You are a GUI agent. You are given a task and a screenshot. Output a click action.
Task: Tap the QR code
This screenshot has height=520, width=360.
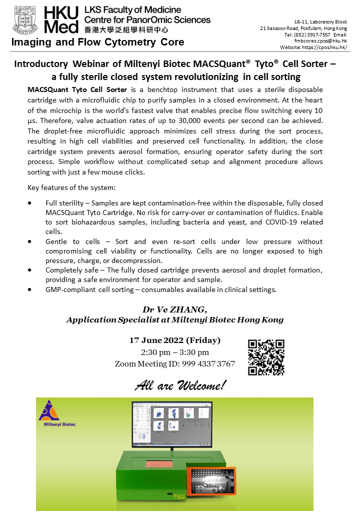[266, 357]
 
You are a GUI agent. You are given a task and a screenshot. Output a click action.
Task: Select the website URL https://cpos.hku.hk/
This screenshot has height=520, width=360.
[324, 47]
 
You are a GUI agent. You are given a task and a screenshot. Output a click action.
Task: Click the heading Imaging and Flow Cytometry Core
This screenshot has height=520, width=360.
[97, 42]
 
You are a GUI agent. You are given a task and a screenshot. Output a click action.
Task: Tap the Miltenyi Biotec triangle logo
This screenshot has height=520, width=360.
[49, 411]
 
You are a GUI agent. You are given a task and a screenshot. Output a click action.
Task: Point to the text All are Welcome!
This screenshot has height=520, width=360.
[180, 385]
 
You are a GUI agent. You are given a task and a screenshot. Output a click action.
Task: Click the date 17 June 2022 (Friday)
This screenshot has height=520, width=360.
[175, 340]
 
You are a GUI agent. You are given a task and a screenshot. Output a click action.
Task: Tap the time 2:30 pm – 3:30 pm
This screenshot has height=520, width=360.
[175, 352]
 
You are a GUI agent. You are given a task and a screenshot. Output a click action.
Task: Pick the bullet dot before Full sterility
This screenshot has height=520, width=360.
[32, 203]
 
